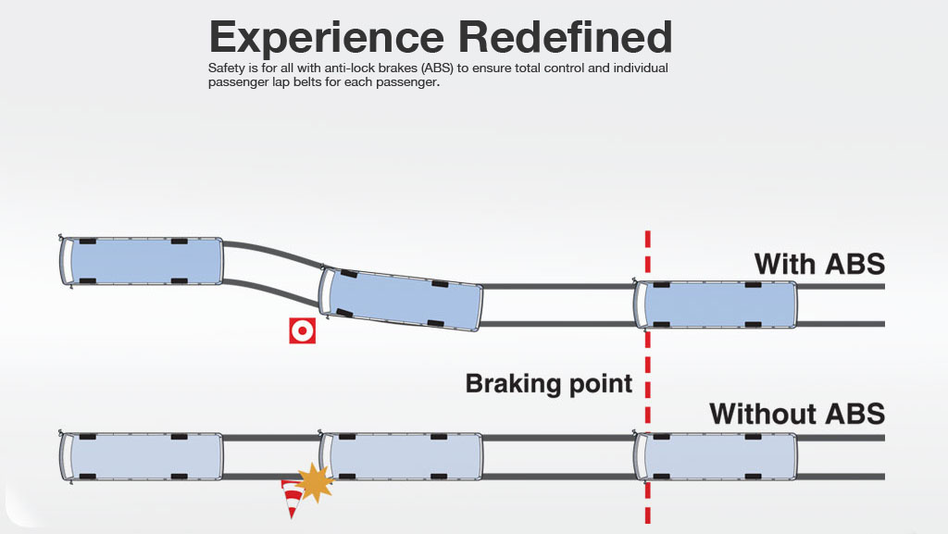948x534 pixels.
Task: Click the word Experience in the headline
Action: [327, 38]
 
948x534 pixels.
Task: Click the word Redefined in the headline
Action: [566, 37]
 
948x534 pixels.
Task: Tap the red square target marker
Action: [303, 330]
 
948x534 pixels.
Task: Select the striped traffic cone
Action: [293, 498]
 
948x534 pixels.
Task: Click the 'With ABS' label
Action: [820, 264]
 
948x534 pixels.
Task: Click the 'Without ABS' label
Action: [797, 414]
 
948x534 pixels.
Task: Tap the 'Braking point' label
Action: [548, 384]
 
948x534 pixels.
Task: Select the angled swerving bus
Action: [400, 298]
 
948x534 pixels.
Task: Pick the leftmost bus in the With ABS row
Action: [141, 261]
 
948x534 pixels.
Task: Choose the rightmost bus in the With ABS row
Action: [716, 304]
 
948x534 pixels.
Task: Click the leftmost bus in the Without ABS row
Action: [141, 456]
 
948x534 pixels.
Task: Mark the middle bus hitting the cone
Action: [400, 456]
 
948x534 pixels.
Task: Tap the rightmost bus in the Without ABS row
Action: [716, 456]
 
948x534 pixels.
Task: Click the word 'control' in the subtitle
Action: [565, 68]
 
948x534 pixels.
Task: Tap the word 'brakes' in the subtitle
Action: [398, 68]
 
